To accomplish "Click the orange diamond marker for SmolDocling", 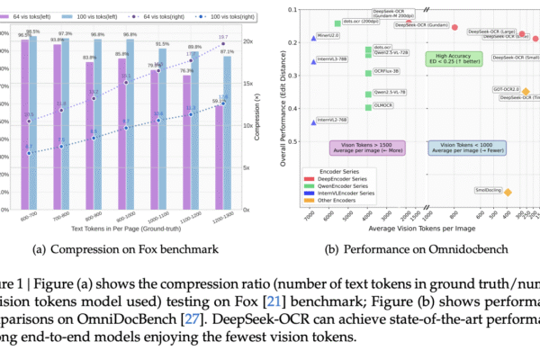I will (508, 192).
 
